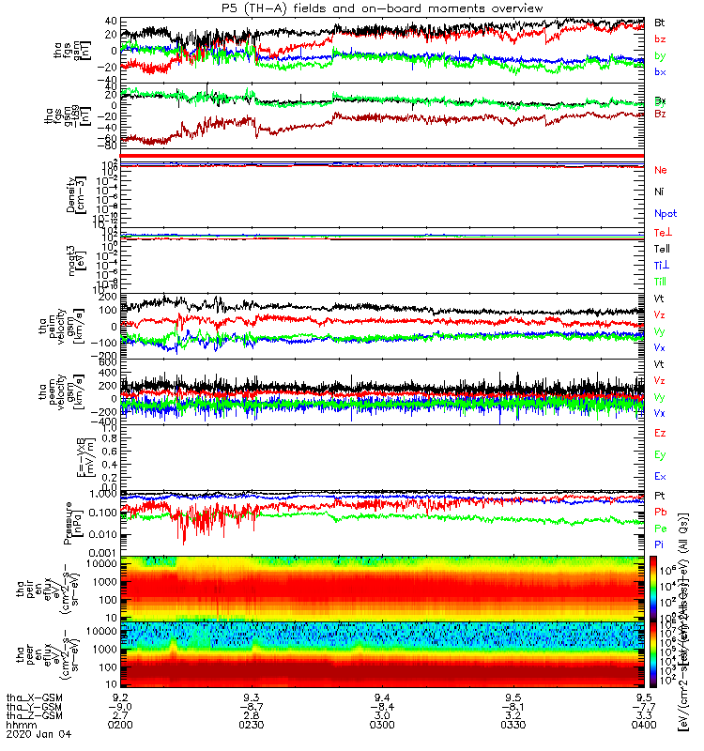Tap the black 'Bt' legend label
click(x=660, y=21)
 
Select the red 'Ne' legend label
click(x=661, y=170)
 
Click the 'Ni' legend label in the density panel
click(x=660, y=192)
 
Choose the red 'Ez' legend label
click(x=660, y=432)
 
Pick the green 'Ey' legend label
click(x=660, y=454)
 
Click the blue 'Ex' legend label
click(x=660, y=477)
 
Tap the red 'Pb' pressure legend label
click(x=661, y=512)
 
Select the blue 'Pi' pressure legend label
click(x=660, y=544)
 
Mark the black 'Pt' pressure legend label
click(x=660, y=495)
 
